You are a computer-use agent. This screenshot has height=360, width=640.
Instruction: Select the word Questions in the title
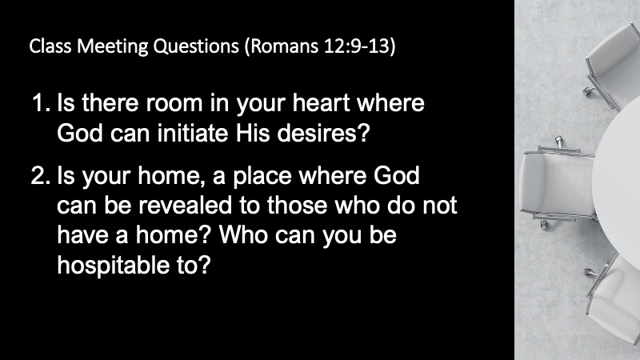(x=196, y=46)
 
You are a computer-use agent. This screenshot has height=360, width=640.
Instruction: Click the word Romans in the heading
(x=282, y=46)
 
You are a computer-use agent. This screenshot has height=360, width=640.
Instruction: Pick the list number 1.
(x=41, y=103)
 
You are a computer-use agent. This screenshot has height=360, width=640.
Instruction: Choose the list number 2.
(x=41, y=175)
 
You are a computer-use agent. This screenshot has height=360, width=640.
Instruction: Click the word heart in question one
(x=322, y=102)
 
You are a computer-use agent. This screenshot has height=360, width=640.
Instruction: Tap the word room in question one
(x=174, y=103)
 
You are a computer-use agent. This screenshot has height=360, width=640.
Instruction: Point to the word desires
(x=323, y=133)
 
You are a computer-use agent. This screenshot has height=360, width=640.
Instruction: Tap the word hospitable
(x=113, y=266)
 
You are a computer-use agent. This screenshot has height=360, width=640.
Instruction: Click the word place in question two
(x=262, y=176)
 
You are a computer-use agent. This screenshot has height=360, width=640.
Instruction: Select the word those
(x=297, y=206)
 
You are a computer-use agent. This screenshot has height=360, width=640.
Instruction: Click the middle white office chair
(x=558, y=184)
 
